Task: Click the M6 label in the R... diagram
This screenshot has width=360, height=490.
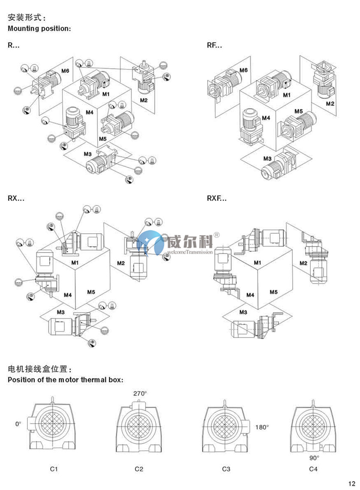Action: click(x=65, y=71)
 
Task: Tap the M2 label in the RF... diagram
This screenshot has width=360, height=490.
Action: click(x=330, y=104)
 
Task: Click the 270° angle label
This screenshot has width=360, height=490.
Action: click(x=140, y=393)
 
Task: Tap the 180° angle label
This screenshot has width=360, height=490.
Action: click(x=262, y=427)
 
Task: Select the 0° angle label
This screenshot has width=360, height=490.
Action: click(x=18, y=424)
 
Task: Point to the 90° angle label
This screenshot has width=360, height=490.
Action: click(x=315, y=457)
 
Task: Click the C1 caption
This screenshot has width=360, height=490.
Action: click(x=54, y=469)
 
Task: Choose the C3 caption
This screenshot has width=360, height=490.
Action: click(x=226, y=469)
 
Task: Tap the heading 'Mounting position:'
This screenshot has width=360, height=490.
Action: click(x=39, y=29)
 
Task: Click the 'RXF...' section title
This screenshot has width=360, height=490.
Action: click(x=217, y=198)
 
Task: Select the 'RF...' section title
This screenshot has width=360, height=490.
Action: click(x=214, y=45)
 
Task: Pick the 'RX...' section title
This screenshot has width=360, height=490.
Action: click(x=16, y=198)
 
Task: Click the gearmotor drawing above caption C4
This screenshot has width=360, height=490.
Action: click(x=313, y=426)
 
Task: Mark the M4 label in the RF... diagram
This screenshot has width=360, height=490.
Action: click(x=266, y=117)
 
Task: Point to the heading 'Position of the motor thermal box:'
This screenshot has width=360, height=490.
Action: click(x=66, y=380)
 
